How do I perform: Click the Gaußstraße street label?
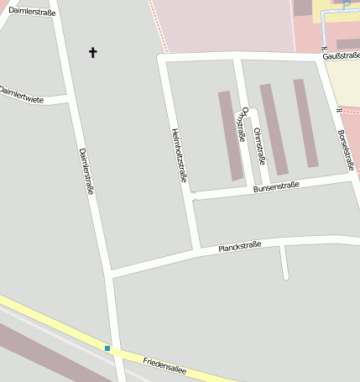pos(341,55)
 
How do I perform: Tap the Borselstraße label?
pos(344,149)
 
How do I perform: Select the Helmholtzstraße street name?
pos(178,154)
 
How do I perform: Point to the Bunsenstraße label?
pos(276,189)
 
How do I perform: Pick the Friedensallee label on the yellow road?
pos(164,365)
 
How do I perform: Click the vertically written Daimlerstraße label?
pos(86,172)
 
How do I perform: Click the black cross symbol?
pos(92,53)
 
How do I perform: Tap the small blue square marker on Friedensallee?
pos(107,348)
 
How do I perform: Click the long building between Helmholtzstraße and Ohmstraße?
pos(231,135)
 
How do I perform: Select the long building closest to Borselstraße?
pos(305,123)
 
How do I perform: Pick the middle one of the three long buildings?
pos(274,128)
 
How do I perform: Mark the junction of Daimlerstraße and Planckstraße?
pos(111,272)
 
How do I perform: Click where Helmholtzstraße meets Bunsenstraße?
pos(192,196)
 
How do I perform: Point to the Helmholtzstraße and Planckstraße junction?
pos(198,250)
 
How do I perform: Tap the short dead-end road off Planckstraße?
pos(284,262)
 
